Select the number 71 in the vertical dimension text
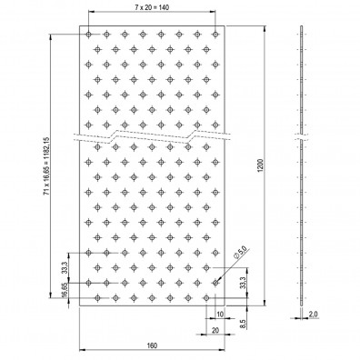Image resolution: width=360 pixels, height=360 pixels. pyautogui.click(x=45, y=211)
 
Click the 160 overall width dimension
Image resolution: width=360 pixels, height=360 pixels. pyautogui.click(x=152, y=345)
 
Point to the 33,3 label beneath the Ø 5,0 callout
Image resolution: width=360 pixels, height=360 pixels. pyautogui.click(x=242, y=283)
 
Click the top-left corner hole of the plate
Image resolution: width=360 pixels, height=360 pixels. pyautogui.click(x=88, y=35)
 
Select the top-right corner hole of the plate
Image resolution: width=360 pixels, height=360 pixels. pyautogui.click(x=215, y=35)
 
